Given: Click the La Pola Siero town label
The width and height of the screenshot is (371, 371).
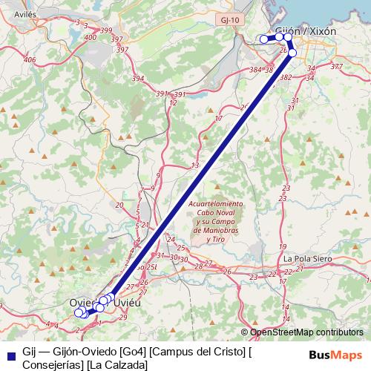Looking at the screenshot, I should coord(306,258).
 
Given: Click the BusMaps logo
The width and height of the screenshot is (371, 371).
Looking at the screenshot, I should coord(337,355).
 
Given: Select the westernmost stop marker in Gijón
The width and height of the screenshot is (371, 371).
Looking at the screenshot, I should coord(263,39).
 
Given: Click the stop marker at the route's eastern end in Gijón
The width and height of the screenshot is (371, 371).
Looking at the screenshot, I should coord(292,53).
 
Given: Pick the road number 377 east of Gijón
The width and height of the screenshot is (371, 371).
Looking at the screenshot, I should coord(337,67).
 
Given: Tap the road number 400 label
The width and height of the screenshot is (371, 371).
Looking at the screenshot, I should coord(91,36).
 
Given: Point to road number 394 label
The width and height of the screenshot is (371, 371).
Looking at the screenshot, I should coord(137,79).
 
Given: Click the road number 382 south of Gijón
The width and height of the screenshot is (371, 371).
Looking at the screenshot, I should coord(286,77).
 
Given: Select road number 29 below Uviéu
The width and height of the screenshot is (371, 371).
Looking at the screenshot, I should coord(122,317).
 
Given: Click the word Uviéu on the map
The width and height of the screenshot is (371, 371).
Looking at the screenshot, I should coord(128,303).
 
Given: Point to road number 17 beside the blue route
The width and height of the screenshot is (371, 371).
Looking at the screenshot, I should coord(218,119).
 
